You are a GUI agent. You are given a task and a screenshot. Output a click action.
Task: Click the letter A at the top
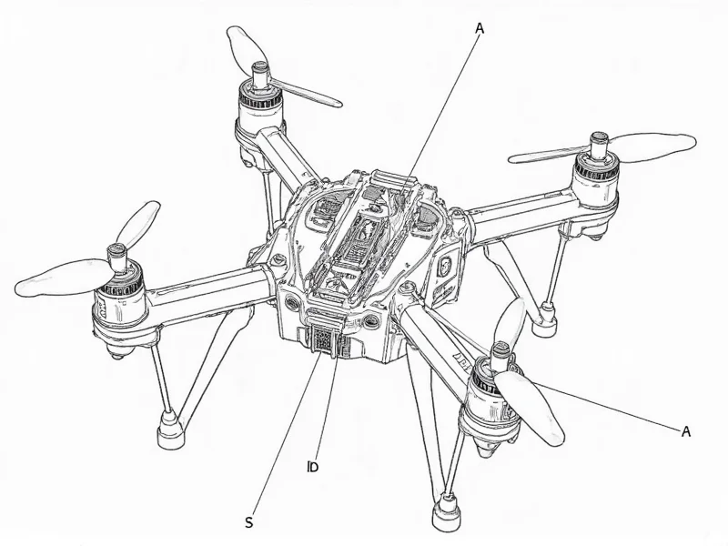tap(480, 28)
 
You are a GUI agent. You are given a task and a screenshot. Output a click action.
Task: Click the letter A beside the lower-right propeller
tap(686, 430)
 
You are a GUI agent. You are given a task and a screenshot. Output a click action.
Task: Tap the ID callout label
tap(311, 468)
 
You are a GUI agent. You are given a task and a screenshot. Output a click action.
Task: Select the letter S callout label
tap(248, 521)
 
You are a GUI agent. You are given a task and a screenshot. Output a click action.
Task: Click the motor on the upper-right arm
tap(597, 175)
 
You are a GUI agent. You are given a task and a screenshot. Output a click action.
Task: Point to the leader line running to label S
tap(287, 437)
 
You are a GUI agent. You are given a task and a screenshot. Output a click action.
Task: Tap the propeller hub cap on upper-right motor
tap(600, 141)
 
